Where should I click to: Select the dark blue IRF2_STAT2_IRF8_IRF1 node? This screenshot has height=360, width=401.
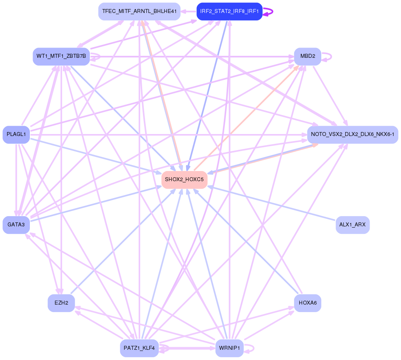[x=229, y=11]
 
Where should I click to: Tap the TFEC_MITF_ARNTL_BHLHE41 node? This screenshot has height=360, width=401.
[x=139, y=11]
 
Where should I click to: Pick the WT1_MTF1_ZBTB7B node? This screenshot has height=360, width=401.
[x=61, y=56]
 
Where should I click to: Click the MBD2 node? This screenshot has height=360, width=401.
[x=308, y=56]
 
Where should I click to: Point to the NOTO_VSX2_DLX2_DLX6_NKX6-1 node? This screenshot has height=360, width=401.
[x=352, y=134]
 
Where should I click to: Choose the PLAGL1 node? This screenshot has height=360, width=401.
[x=16, y=134]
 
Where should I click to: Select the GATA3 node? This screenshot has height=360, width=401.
[x=16, y=225]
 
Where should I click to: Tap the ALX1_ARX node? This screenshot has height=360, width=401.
[x=352, y=225]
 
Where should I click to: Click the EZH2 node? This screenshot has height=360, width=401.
[x=61, y=303]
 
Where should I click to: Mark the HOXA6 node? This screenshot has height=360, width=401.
[x=308, y=303]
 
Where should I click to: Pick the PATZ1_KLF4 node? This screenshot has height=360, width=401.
[x=139, y=348]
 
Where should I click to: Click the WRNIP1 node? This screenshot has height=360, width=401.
[x=229, y=348]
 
